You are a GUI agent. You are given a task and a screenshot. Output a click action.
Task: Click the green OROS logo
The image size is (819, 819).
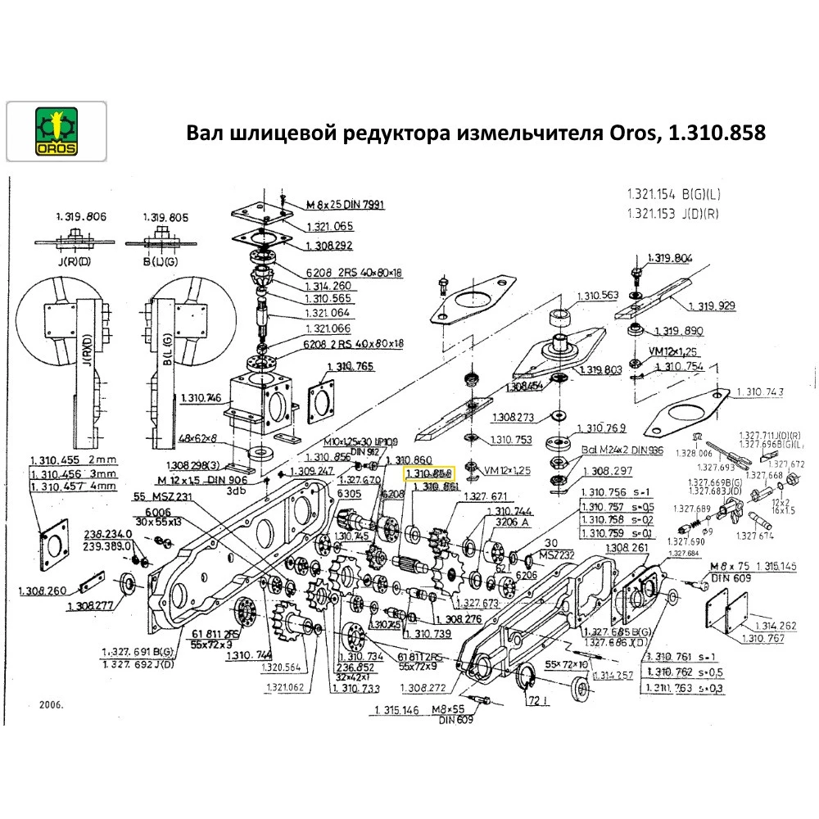tap(56, 129)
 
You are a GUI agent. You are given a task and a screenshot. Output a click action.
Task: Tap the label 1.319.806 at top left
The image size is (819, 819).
tap(81, 217)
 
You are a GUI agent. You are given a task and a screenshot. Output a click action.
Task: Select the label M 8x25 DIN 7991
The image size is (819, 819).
tap(346, 204)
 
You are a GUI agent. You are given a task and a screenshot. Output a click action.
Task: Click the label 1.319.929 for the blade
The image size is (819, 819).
tap(711, 305)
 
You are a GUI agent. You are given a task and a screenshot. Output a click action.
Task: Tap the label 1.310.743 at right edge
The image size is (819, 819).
tap(760, 392)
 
